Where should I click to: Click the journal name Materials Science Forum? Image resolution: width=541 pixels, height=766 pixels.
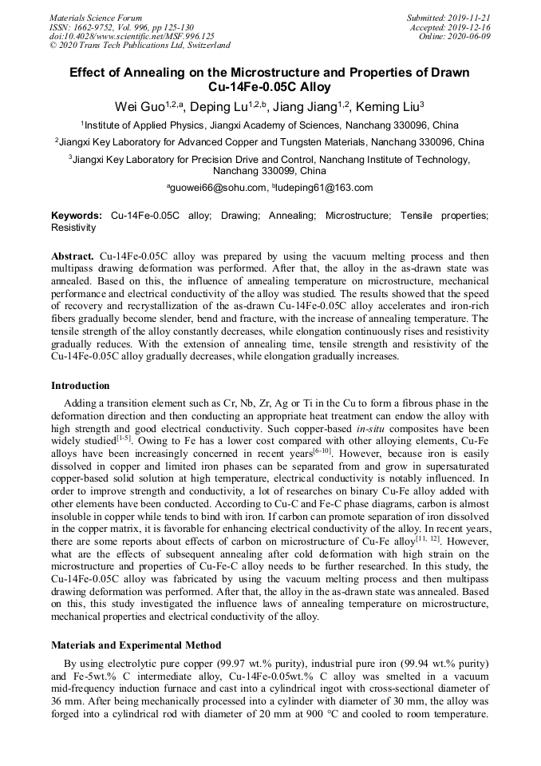coord(96,17)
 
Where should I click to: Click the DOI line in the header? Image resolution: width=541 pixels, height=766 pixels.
coord(132,36)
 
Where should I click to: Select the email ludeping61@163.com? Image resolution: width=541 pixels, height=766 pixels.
coord(326,188)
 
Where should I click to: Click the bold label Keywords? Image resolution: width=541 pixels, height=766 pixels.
coord(77,216)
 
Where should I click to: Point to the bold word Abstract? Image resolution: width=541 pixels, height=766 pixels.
coord(73,257)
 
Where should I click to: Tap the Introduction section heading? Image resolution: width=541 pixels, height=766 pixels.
coord(81,386)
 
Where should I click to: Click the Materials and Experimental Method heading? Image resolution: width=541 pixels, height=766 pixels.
coord(136,645)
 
